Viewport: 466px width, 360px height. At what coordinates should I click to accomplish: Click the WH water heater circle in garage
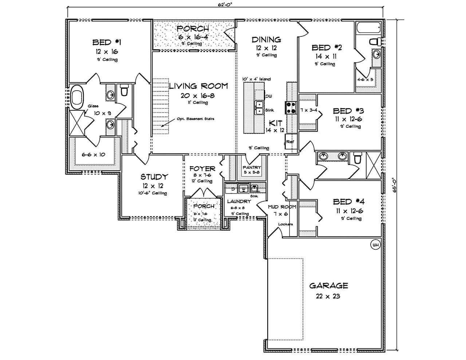tap(375, 245)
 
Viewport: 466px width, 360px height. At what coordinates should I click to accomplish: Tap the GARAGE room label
tap(328, 286)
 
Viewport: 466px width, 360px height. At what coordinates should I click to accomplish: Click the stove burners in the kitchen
tap(292, 107)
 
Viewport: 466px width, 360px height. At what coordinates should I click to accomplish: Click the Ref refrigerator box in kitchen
tap(291, 142)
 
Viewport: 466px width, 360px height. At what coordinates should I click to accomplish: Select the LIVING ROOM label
tap(198, 86)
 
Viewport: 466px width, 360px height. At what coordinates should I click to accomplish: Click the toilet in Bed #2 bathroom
tap(375, 41)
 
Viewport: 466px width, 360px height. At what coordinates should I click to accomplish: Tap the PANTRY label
tap(252, 167)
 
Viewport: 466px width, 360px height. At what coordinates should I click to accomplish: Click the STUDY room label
tap(154, 177)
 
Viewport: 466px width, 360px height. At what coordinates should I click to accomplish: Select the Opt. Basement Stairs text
tap(195, 119)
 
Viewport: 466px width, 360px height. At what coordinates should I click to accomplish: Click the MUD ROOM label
tap(282, 207)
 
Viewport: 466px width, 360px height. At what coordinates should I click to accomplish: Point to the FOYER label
tap(202, 169)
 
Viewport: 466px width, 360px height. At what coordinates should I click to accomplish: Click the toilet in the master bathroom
tap(124, 90)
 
